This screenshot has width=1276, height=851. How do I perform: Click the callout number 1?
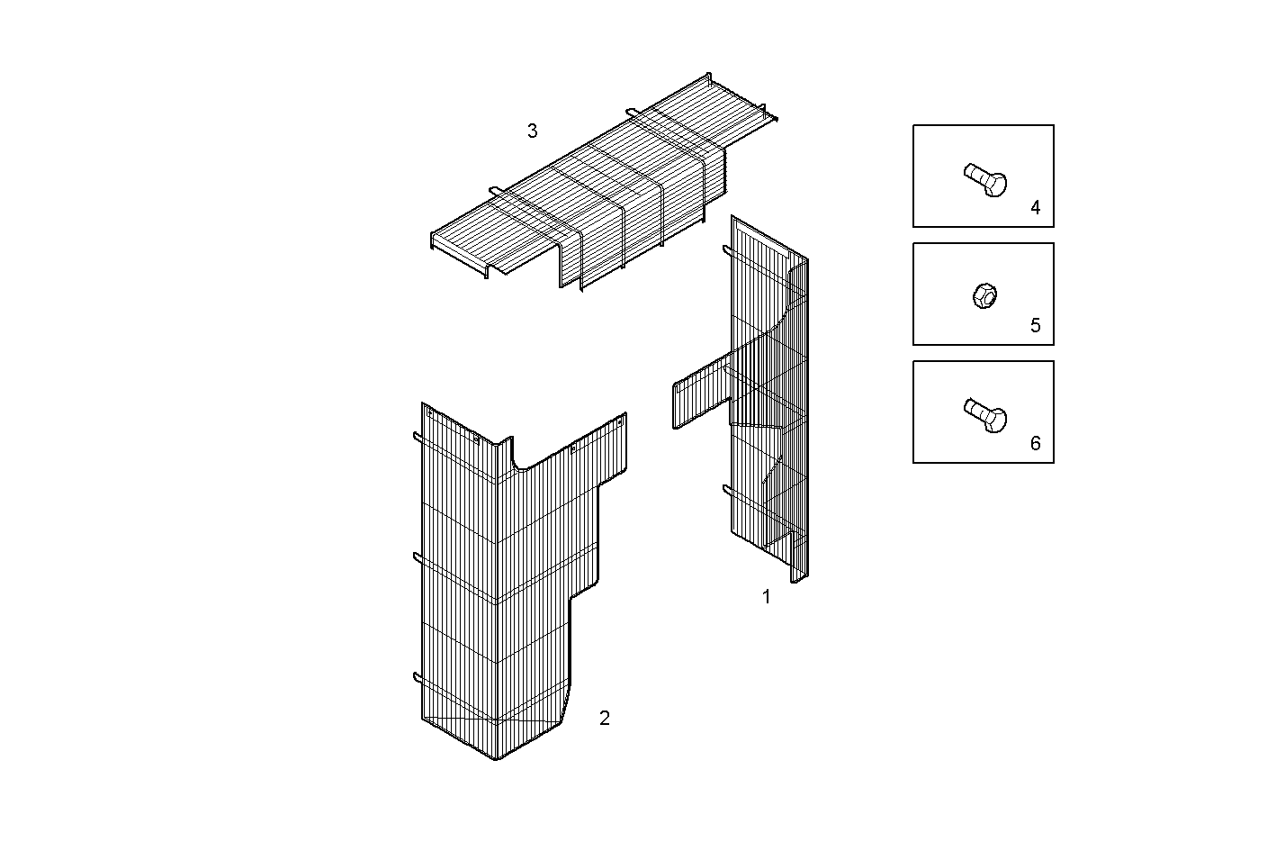(x=766, y=597)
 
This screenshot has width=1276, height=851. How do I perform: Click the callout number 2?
(x=604, y=718)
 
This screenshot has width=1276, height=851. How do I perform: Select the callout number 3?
(x=532, y=131)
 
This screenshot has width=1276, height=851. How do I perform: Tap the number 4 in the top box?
(x=1035, y=208)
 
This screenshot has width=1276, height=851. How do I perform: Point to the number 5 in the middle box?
(x=1035, y=326)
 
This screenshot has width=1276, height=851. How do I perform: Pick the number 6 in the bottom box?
(x=1035, y=444)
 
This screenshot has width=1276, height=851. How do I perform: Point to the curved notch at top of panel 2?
(x=520, y=457)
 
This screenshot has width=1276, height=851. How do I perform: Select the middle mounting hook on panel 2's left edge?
(x=418, y=558)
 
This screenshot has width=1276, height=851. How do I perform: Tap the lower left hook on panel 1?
(x=727, y=491)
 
